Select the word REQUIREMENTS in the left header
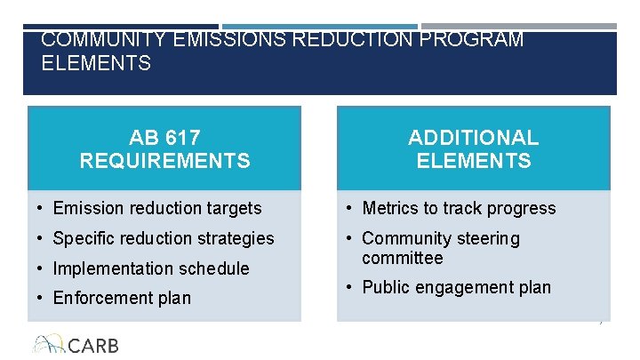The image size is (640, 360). (165, 161)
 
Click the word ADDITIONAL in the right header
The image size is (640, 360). (473, 139)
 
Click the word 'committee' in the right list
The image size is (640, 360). (402, 258)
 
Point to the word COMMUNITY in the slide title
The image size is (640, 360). (104, 40)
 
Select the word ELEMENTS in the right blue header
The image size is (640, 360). (473, 161)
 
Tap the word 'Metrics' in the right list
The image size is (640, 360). (389, 208)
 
